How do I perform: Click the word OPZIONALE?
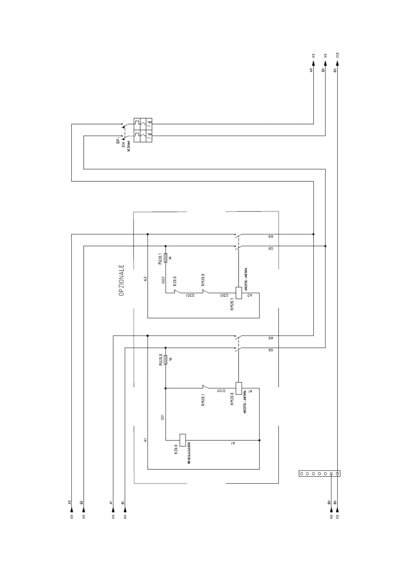tap(121, 280)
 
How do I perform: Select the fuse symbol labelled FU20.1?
tap(166, 257)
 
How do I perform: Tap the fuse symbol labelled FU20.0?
tap(166, 360)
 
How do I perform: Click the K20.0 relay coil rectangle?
tap(183, 440)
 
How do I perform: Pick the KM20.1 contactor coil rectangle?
tap(238, 293)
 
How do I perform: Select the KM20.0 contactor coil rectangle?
tap(238, 388)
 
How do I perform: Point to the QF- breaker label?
tap(118, 141)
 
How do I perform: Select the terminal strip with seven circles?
tap(320, 473)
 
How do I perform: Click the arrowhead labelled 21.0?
tap(337, 63)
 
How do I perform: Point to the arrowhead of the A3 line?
tap(71, 509)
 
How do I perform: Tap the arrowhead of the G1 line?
tap(125, 509)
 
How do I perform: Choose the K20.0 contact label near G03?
tap(175, 281)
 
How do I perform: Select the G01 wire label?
tap(162, 417)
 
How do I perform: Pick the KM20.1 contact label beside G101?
tap(203, 400)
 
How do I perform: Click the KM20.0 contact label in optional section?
tap(203, 279)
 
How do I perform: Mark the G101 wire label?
tap(221, 391)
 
